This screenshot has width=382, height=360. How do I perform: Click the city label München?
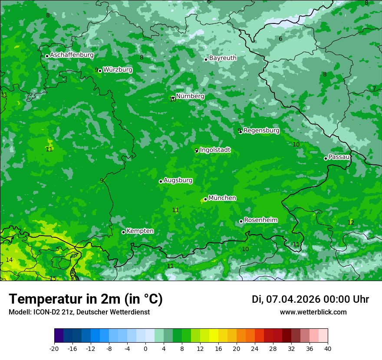coord(222,198)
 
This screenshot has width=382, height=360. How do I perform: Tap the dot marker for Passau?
coord(326,158)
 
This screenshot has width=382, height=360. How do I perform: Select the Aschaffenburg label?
coord(72,55)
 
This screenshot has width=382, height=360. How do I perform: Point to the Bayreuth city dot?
coord(206,59)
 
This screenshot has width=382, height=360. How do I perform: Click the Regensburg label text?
coord(261,131)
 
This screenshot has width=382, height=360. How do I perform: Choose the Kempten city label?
coord(140,231)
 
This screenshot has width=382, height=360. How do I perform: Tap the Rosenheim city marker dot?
coord(241,221)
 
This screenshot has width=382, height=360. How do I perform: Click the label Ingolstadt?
coord(215,150)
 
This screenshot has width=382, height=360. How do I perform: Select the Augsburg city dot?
coord(161,181)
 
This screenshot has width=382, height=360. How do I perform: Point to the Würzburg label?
coord(118,70)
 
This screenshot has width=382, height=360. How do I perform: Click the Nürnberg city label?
coord(190,96)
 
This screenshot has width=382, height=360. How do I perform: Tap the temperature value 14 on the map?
coord(9,260)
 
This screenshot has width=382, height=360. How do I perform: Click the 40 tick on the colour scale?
coord(328,348)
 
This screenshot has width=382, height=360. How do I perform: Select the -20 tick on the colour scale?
coord(54,348)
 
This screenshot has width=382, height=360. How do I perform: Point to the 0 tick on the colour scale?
coord(145,348)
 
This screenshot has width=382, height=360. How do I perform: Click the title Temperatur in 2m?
coord(86,299)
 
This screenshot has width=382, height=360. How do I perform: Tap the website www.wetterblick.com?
coord(313,312)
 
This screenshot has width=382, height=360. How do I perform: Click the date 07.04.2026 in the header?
coord(293,299)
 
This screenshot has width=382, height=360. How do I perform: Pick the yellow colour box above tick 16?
coord(214,336)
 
